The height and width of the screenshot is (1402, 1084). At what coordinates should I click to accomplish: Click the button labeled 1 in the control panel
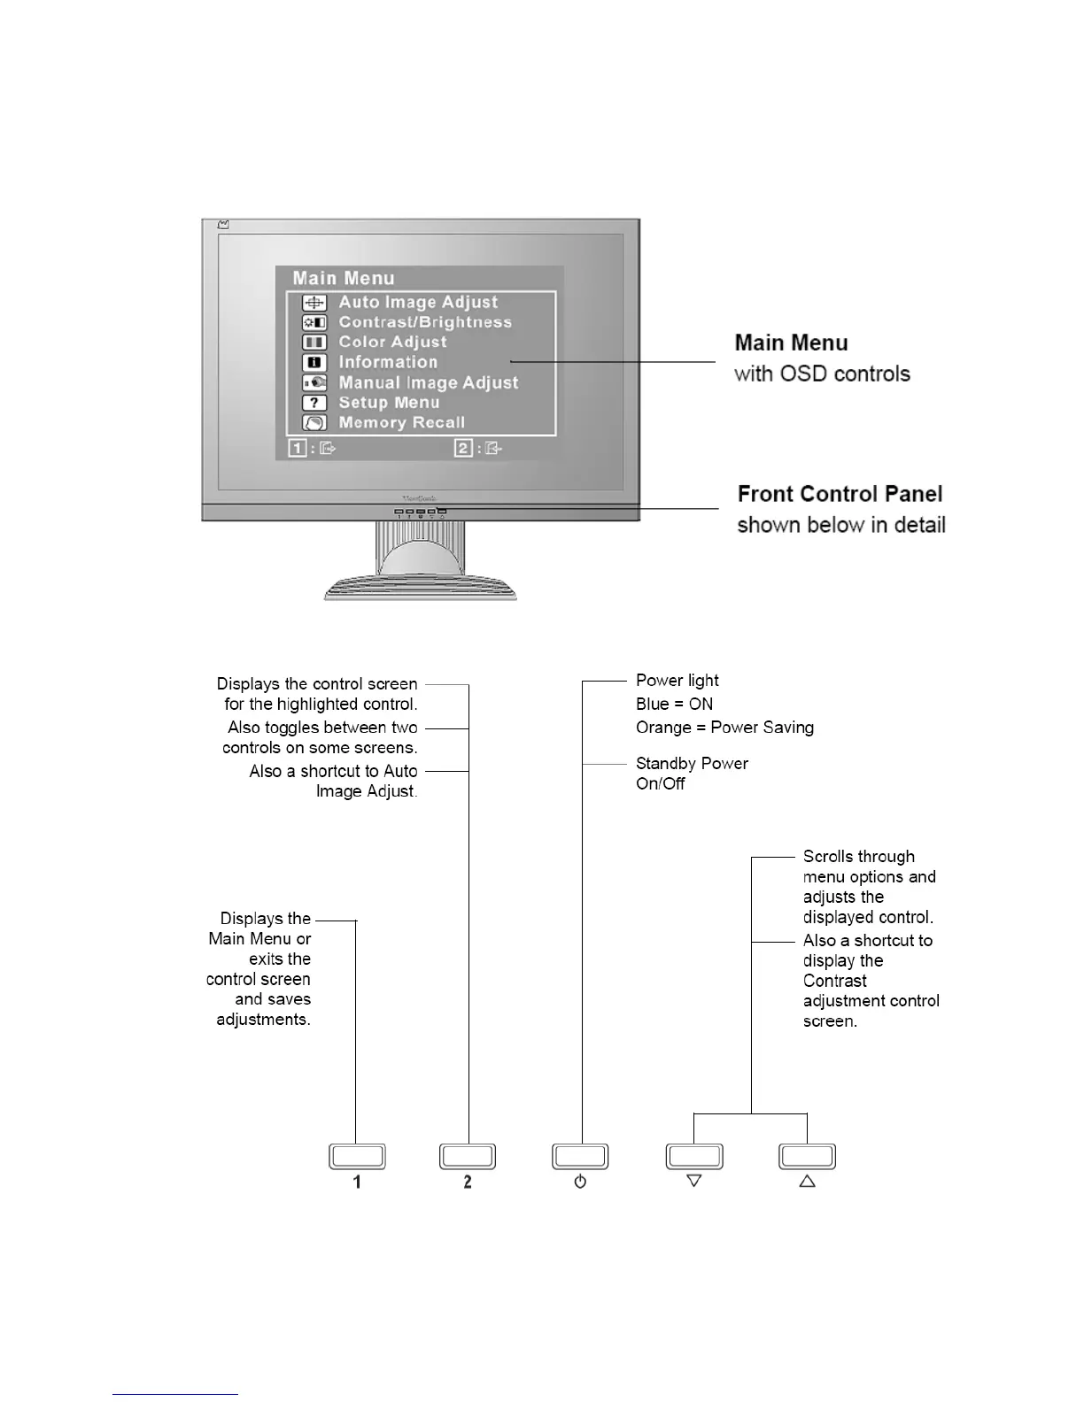(x=357, y=1156)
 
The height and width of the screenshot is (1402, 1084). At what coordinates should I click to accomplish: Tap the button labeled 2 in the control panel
(x=468, y=1156)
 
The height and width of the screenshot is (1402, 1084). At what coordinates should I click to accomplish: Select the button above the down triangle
(x=694, y=1156)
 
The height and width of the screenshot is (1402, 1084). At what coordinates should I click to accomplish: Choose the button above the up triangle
(x=807, y=1156)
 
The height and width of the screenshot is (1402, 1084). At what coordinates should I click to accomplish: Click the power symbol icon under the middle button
(x=580, y=1182)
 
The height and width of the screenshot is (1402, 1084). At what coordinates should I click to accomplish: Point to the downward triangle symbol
(x=694, y=1181)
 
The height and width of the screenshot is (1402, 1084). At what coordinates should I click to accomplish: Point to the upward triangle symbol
(x=807, y=1181)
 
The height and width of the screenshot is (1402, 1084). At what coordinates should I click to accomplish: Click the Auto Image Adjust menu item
(x=418, y=303)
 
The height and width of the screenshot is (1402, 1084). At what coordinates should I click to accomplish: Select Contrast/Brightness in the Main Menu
(x=425, y=322)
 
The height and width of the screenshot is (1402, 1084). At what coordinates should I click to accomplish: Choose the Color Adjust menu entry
(x=392, y=343)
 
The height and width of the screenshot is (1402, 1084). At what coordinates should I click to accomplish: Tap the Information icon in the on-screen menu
(x=314, y=363)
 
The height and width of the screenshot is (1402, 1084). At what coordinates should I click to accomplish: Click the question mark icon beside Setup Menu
(x=314, y=403)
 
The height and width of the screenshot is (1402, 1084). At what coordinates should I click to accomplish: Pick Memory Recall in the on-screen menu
(x=401, y=423)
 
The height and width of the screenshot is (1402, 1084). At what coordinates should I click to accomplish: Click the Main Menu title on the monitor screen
(x=344, y=279)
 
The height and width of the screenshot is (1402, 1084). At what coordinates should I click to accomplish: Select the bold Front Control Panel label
(x=840, y=494)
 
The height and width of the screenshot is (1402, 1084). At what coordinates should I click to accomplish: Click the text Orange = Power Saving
(x=724, y=728)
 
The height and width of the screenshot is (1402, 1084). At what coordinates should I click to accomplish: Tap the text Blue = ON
(x=674, y=705)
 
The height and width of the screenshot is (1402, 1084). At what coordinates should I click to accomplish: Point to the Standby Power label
(x=692, y=764)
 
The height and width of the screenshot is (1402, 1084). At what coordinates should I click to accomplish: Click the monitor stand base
(x=420, y=589)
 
